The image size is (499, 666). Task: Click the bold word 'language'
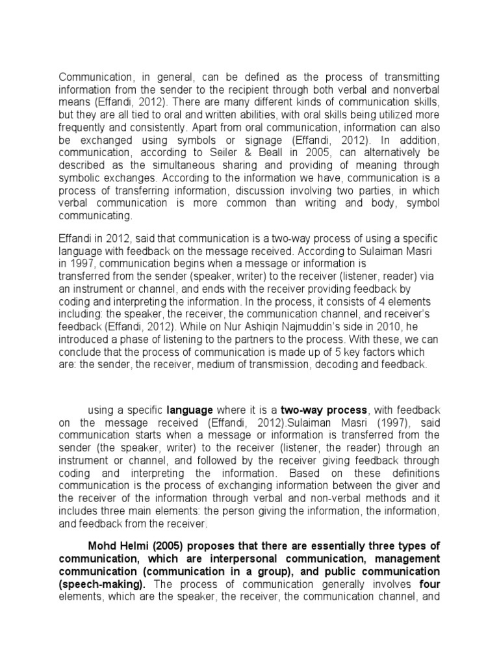point(190,410)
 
